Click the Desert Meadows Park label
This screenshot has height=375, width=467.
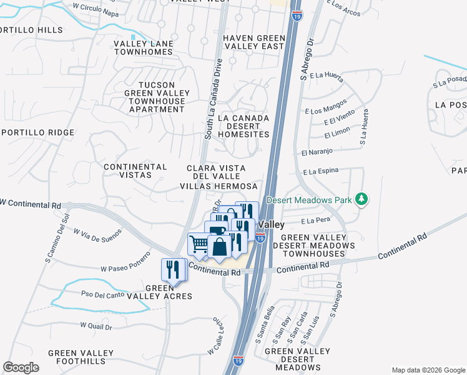coord(309,200)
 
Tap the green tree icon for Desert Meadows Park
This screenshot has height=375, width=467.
coord(361,199)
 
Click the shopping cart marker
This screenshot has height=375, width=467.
coord(199,244)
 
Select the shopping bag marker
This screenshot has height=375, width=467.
coord(220,247)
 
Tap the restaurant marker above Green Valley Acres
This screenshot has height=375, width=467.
coord(172,269)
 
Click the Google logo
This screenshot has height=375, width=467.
coord(21,367)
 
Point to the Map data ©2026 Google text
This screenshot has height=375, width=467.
coord(428,370)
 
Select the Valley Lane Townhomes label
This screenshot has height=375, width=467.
coord(143,47)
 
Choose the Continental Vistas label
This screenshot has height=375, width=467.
coord(135,171)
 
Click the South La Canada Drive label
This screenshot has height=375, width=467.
coord(214,96)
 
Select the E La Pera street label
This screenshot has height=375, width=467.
coord(315,221)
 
